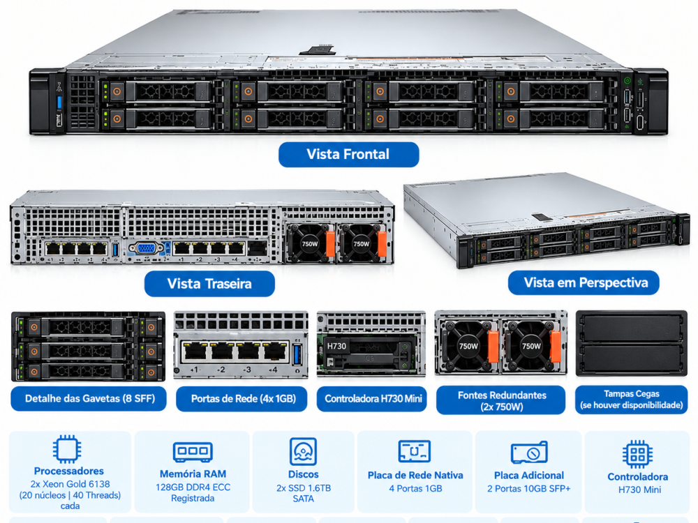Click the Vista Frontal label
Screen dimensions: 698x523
pos(348,154)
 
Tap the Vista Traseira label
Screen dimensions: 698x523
pos(209,284)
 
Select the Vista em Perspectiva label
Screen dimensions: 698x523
pos(584,283)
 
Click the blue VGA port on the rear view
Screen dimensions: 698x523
pos(146,248)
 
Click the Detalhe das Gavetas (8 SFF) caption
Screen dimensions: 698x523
pos(89,398)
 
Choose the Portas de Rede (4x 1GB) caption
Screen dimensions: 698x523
pos(242,398)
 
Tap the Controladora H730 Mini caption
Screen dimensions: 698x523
pos(372,398)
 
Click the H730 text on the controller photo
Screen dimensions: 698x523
pos(336,346)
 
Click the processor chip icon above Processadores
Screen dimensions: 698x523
pos(67,449)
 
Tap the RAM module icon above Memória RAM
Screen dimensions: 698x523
pos(193,452)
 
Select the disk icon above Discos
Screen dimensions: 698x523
pos(303,451)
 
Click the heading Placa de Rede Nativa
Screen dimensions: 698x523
pos(415,475)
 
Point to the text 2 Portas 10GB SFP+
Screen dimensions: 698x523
pos(529,488)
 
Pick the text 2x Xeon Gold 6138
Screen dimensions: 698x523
pos(70,484)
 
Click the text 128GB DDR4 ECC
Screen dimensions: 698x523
pos(193,487)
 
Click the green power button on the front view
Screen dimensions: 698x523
pos(628,80)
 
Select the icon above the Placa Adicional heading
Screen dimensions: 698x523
pos(529,453)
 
